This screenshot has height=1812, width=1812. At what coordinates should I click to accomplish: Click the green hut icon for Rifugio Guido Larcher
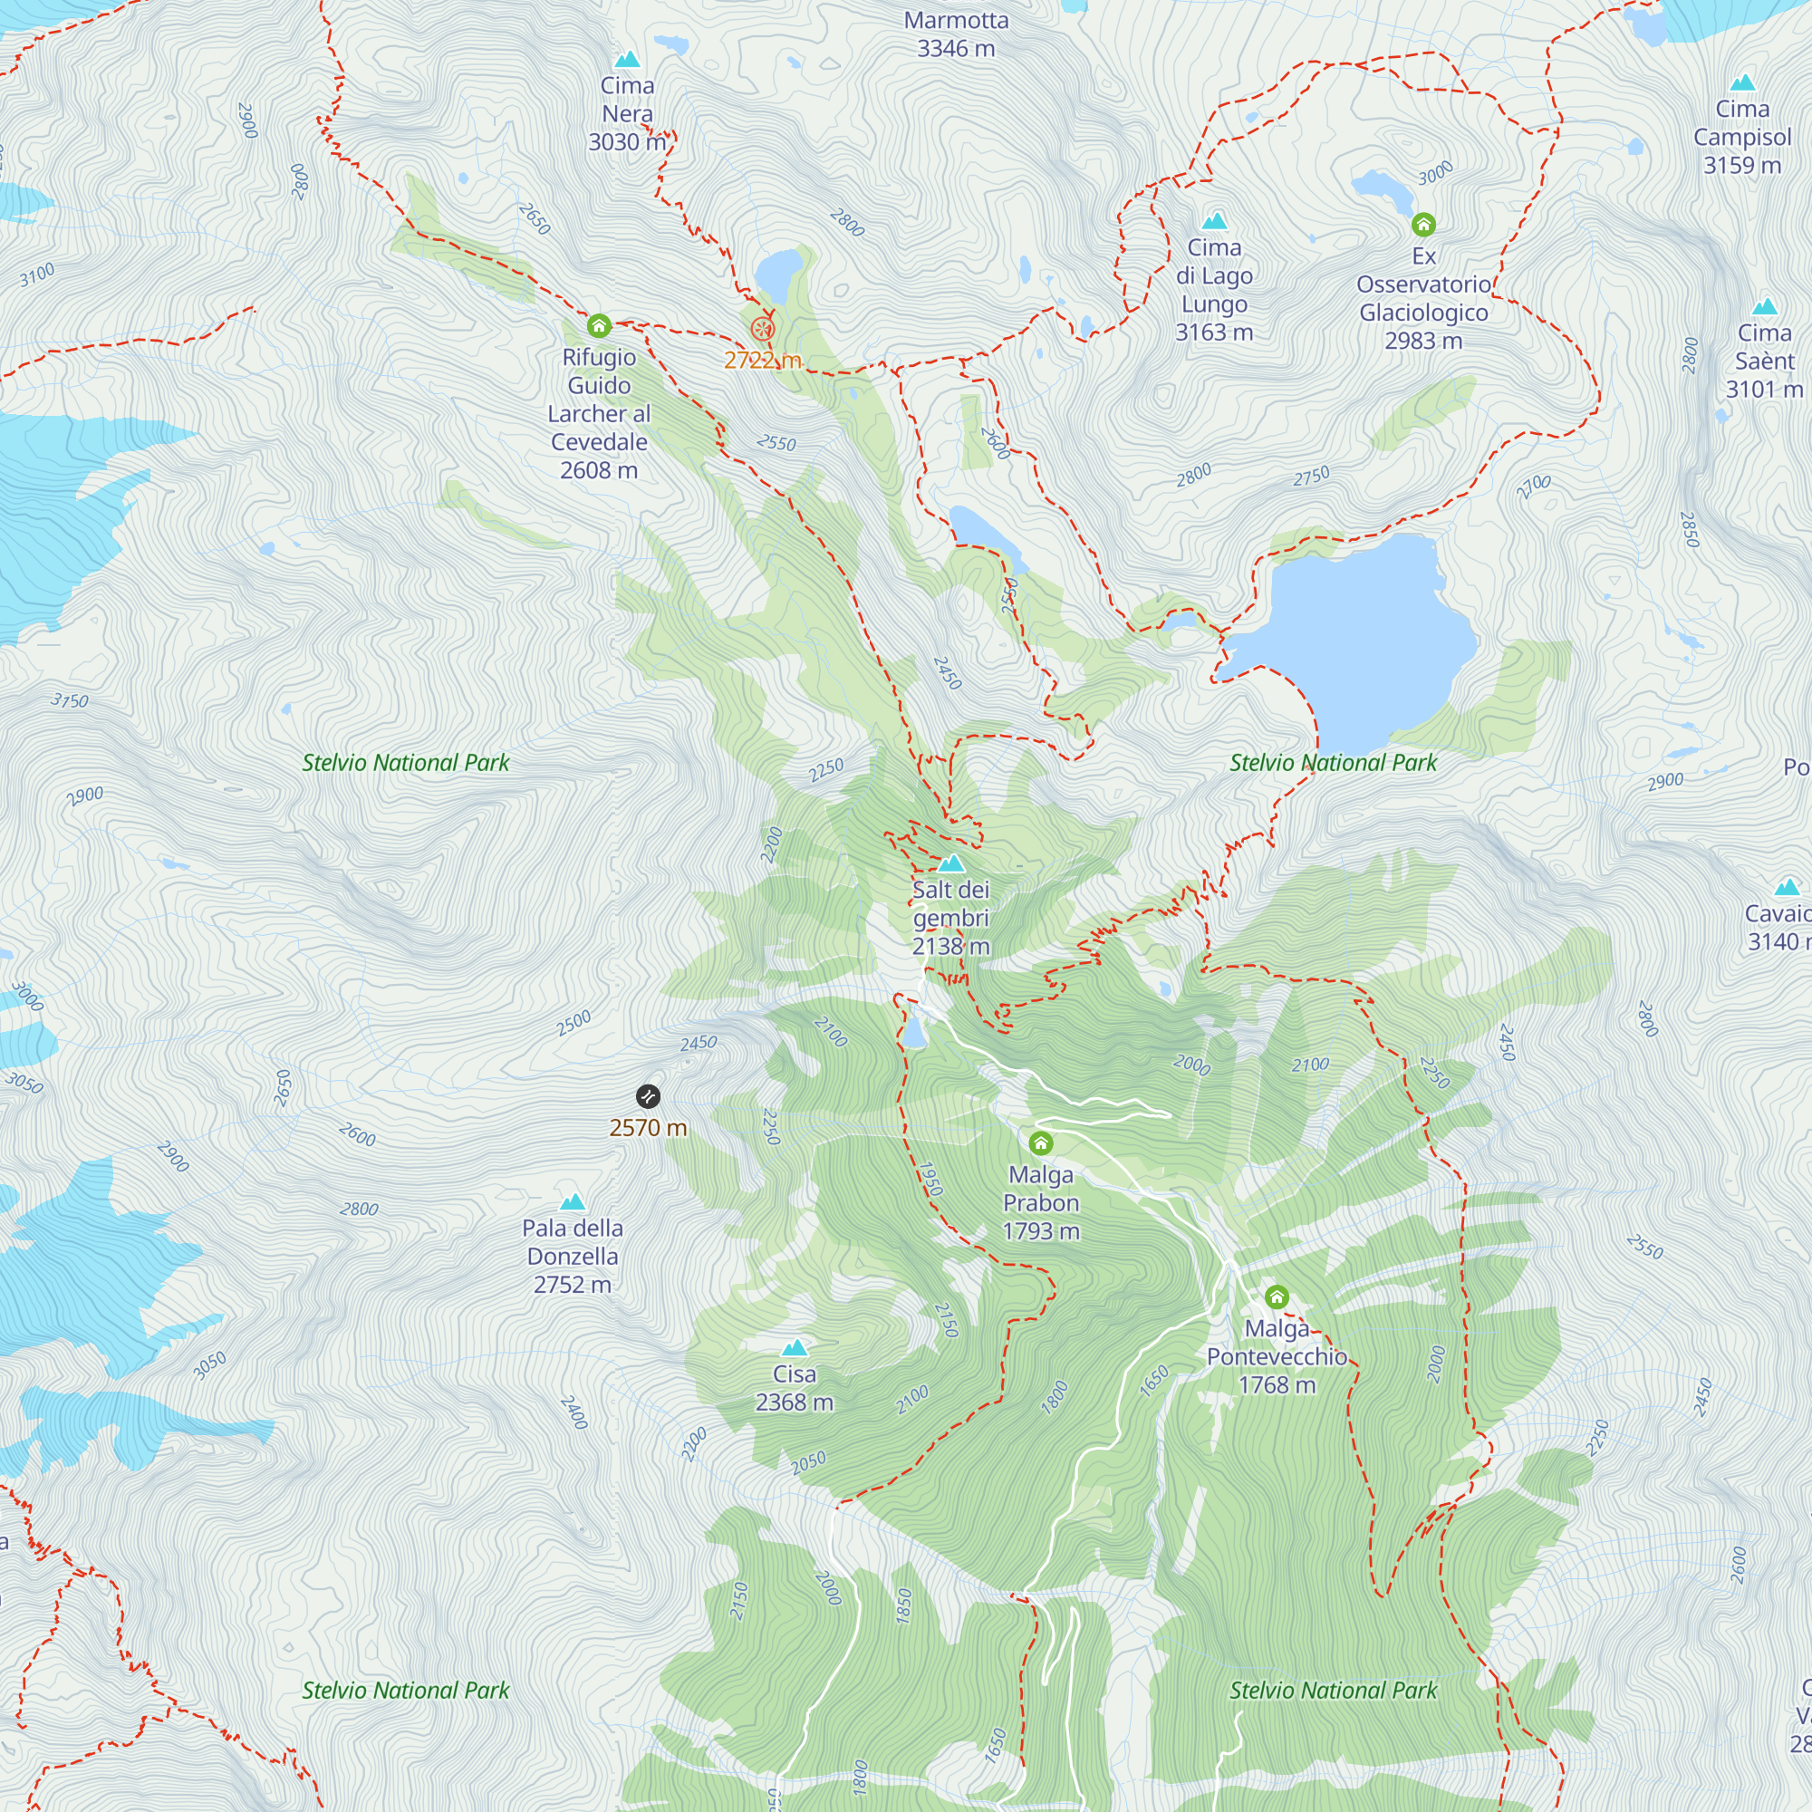tap(599, 326)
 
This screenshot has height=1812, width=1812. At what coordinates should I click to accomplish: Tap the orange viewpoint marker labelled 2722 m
tap(763, 328)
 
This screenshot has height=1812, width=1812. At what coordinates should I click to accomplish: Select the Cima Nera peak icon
tap(628, 60)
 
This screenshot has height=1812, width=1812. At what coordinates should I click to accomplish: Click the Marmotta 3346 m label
tap(956, 34)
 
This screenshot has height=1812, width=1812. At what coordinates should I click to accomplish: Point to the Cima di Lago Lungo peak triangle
tap(1215, 221)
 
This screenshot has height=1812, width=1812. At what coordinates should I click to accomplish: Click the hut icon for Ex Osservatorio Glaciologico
tap(1423, 224)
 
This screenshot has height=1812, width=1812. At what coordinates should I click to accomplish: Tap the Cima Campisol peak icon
tap(1742, 82)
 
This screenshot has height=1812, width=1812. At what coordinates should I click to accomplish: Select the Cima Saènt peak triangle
tap(1765, 307)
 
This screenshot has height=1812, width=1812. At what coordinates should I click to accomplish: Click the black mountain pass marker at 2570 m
tap(648, 1096)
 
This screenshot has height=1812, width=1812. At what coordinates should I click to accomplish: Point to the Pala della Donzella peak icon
tap(572, 1202)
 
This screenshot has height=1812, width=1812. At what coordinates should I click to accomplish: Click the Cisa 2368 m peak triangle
tap(795, 1349)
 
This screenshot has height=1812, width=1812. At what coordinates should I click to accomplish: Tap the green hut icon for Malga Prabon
tap(1041, 1143)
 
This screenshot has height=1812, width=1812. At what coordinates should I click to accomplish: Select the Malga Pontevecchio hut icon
tap(1277, 1297)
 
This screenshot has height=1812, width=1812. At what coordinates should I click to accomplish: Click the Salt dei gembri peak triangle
tap(951, 863)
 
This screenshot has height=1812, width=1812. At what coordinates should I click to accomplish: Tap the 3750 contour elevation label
tap(70, 700)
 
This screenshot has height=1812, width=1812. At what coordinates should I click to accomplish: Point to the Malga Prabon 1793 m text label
tap(1041, 1202)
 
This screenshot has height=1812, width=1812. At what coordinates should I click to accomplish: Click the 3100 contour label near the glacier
tap(37, 275)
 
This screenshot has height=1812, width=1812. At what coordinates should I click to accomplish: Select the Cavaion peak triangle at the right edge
tap(1787, 887)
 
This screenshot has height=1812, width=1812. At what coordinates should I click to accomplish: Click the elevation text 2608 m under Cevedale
tap(598, 470)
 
